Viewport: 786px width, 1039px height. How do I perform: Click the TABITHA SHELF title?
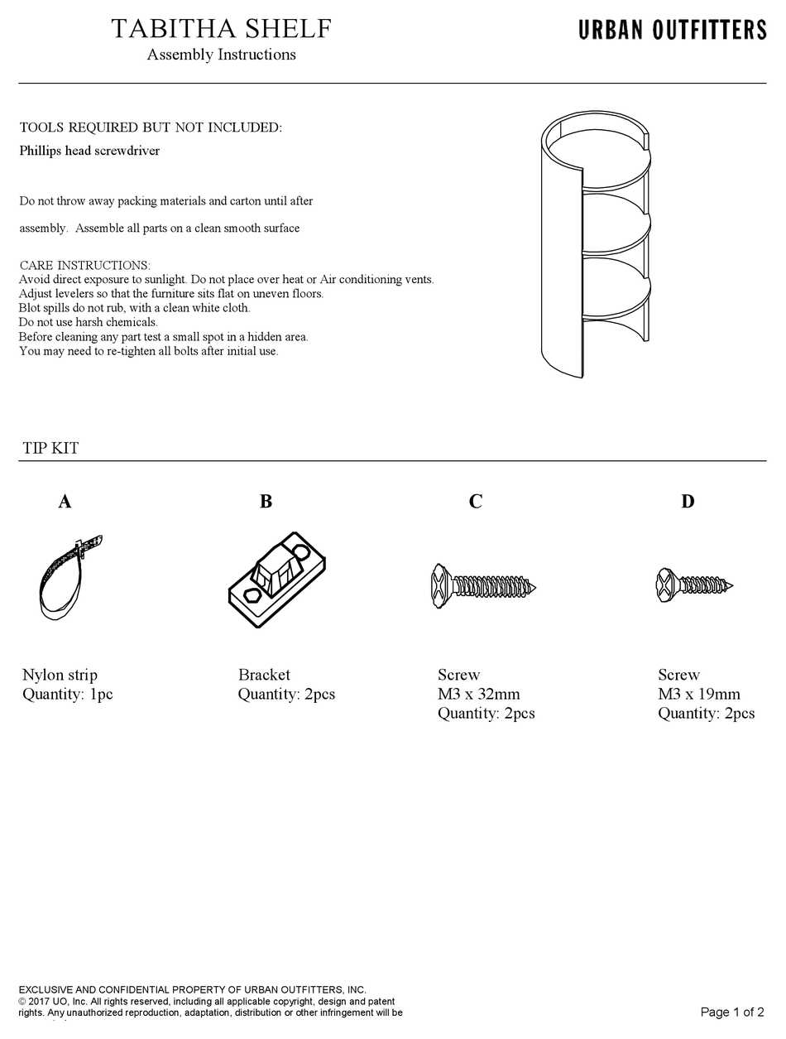(221, 29)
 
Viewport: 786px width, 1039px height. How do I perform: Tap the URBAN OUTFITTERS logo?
(672, 31)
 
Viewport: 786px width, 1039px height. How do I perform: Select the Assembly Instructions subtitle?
(221, 55)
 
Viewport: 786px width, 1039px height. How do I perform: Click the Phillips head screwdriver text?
(89, 151)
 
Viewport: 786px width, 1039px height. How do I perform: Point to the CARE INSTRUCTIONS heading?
(84, 266)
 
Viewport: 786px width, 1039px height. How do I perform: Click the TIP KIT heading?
(50, 448)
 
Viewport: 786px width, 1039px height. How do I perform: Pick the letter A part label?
(65, 501)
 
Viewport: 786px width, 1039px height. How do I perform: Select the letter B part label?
(266, 501)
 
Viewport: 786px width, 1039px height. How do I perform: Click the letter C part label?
(475, 501)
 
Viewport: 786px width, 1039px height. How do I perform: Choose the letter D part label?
(688, 501)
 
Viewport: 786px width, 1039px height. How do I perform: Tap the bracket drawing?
(276, 580)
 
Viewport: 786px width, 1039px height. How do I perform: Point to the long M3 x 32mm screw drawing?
(482, 587)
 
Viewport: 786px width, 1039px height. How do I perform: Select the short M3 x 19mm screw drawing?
(694, 585)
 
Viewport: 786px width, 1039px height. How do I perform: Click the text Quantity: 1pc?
(67, 694)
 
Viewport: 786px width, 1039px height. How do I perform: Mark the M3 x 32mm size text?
(479, 694)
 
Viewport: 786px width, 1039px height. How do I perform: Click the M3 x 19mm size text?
(699, 694)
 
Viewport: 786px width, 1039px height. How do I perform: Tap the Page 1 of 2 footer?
(731, 1012)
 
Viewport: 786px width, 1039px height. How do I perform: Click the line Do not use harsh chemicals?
(88, 322)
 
